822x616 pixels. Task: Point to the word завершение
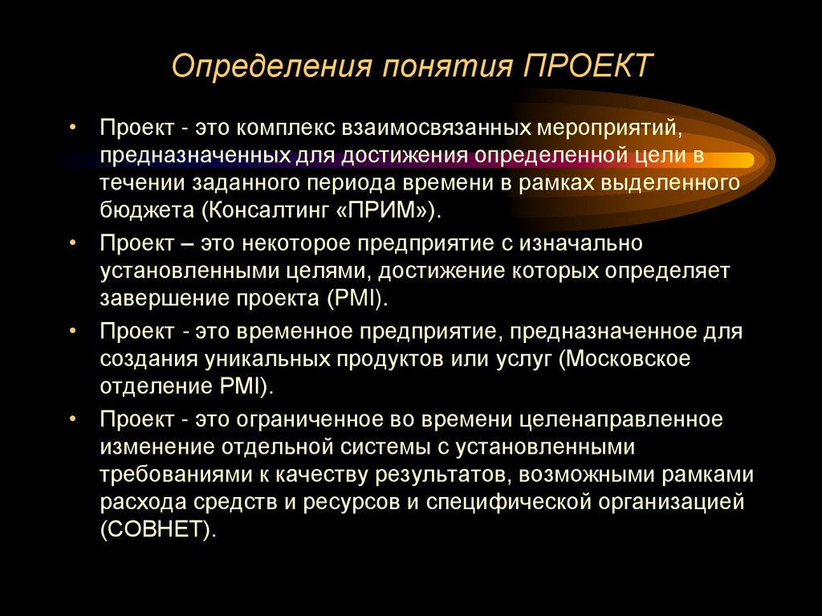[163, 298]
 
